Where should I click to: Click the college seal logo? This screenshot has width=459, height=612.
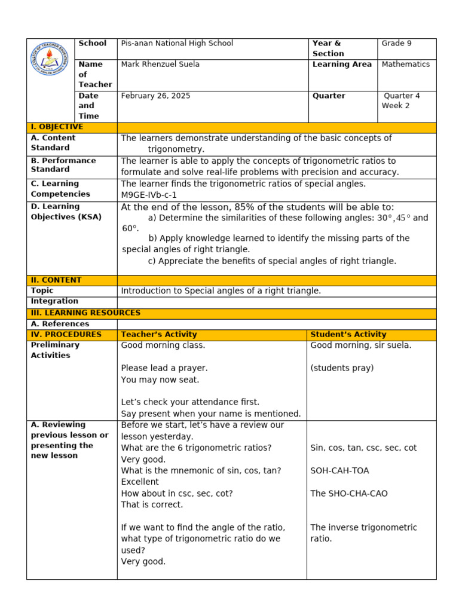tap(52, 67)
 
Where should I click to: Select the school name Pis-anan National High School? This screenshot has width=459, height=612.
tap(177, 44)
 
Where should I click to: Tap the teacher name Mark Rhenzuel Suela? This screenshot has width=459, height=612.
tap(160, 65)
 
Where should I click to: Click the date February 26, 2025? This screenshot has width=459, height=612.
tap(155, 96)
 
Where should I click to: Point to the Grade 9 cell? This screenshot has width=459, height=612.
tap(397, 44)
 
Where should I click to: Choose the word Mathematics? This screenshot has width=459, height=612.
tap(406, 65)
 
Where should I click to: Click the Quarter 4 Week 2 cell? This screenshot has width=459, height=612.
tap(401, 100)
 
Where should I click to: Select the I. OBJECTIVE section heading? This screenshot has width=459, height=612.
tap(57, 127)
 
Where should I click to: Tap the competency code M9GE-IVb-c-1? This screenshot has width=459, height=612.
tap(149, 195)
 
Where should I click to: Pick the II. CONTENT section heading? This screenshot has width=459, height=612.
tap(56, 280)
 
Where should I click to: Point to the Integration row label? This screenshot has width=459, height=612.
tap(54, 301)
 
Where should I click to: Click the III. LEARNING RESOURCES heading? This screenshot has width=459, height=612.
tap(85, 313)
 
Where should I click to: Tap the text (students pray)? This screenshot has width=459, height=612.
tap(342, 368)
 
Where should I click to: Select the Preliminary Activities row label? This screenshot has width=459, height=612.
tap(55, 350)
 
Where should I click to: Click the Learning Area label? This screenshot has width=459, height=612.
tap(342, 65)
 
